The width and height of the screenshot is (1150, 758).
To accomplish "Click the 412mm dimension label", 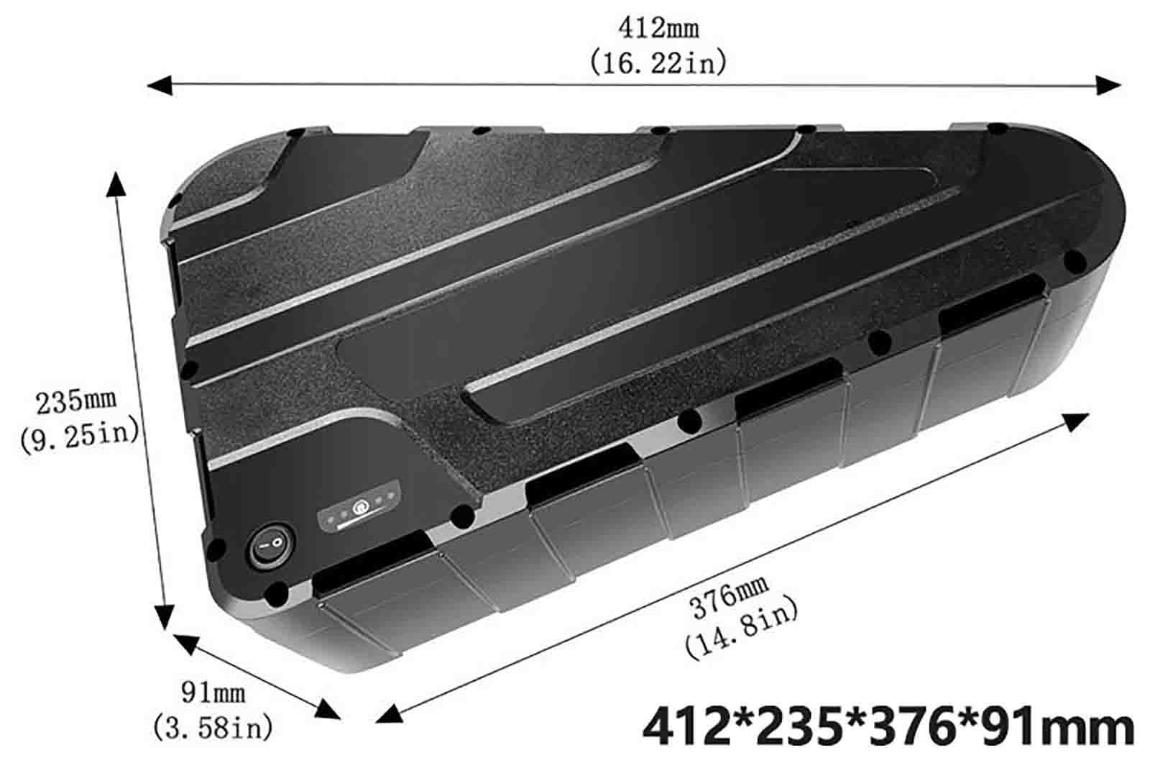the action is [x=658, y=28].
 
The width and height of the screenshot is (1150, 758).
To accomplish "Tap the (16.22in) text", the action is [x=658, y=63].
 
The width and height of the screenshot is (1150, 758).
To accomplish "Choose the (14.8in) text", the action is [x=742, y=629].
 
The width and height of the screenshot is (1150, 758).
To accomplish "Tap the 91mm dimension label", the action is [x=213, y=693].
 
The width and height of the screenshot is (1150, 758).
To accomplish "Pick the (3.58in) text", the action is [x=213, y=727].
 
